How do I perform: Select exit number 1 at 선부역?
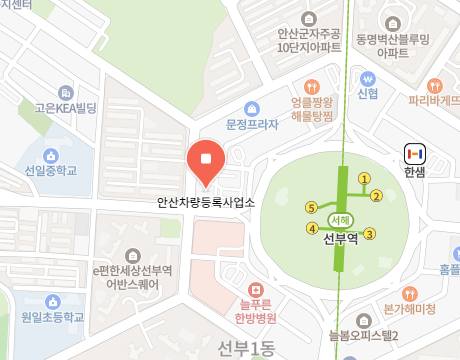click(x=364, y=179)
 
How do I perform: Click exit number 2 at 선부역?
click(x=377, y=195)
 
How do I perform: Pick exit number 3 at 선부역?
click(x=369, y=234)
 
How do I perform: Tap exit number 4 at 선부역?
click(x=311, y=229)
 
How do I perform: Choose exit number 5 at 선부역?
click(x=311, y=207)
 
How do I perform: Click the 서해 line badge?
click(x=339, y=220)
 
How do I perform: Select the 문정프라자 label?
click(x=250, y=126)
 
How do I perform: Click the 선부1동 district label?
click(x=248, y=346)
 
